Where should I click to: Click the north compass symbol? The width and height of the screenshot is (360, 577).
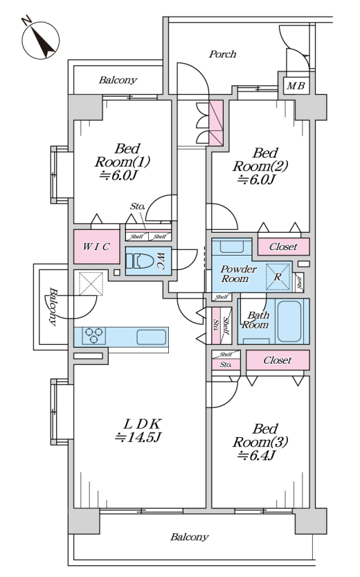coord(40,39)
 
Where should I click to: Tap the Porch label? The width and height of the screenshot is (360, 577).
coord(222,55)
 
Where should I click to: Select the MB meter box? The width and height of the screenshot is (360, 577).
coord(296,86)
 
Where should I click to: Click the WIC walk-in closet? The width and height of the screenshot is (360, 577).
coord(96,247)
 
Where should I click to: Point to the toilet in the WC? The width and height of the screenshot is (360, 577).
coord(140,261)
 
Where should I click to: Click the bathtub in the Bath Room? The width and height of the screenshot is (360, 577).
coord(289,321)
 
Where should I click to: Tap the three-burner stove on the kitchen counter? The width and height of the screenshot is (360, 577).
coord(93,335)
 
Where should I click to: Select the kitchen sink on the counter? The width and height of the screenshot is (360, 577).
coord(152,337)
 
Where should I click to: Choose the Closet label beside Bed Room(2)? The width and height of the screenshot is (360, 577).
coord(283,247)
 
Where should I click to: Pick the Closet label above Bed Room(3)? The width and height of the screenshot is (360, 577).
coord(278,360)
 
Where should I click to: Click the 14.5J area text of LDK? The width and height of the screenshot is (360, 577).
coord(138,438)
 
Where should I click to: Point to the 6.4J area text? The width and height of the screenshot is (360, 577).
coord(257,456)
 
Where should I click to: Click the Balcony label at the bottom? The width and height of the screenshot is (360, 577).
coord(190,538)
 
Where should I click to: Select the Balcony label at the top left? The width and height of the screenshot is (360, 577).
coord(118,80)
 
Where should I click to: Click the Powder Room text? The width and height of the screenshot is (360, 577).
coord(238,274)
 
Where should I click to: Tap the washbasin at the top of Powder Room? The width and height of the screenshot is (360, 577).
coord(232,245)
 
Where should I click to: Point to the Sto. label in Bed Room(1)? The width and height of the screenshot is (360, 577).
coord(138,206)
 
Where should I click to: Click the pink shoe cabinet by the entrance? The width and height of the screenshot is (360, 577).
coord(216,123)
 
